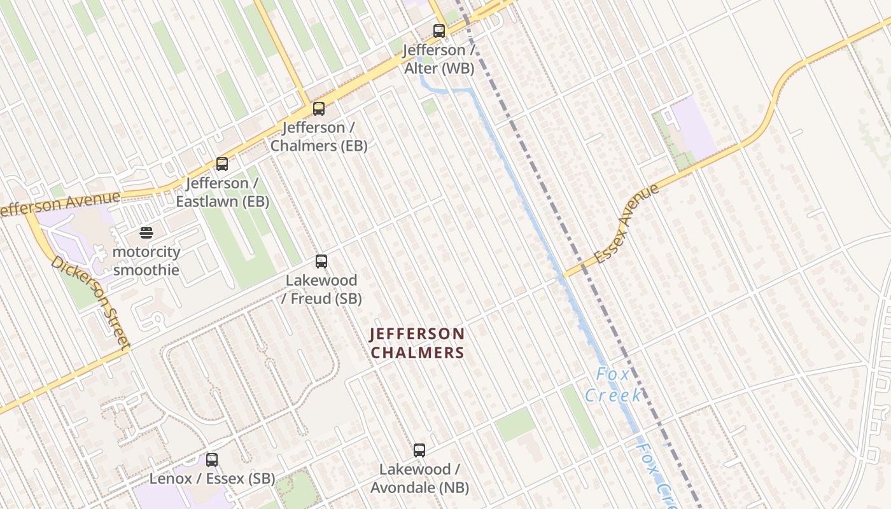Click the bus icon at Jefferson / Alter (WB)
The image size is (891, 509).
pos(439,31)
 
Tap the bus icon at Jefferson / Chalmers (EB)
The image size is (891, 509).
pos(319,109)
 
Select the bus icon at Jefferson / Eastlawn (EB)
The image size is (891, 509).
pos(222,164)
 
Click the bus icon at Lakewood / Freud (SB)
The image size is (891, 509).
pos(321,261)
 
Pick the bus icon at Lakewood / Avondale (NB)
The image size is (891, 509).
pos(419,450)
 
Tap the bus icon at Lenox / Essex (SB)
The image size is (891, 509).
pos(212,459)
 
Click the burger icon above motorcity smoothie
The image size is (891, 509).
pos(146,233)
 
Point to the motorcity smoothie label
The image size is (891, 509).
pos(146,261)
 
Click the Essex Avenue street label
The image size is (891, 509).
pos(626,223)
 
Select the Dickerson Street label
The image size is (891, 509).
pos(91,302)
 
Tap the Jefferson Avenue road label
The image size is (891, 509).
pos(60,204)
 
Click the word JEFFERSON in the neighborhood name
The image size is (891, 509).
pos(417,334)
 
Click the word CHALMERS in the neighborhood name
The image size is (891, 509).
pos(417,352)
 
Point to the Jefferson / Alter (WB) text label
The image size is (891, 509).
pos(439,59)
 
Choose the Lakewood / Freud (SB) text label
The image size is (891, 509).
pos(321,289)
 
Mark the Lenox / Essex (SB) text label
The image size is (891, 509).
pos(212,478)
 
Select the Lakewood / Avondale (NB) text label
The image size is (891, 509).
pos(419,478)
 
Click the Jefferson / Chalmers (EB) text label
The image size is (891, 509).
pos(319,137)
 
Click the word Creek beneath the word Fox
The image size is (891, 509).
pos(614,395)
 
